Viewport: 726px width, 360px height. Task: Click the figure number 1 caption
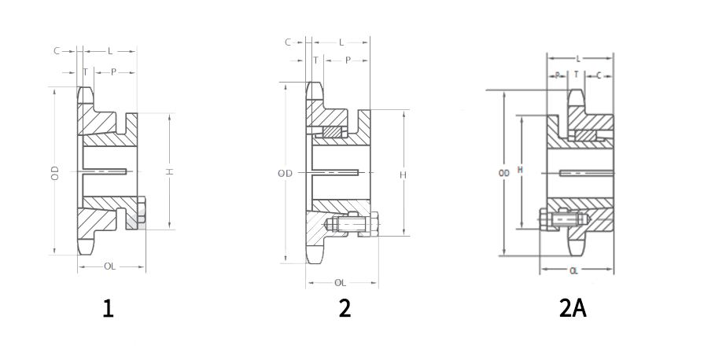coord(108,309)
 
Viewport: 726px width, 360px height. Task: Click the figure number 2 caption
coord(345,309)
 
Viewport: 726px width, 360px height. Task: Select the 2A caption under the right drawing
coord(573,309)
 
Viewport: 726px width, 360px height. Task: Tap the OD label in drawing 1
coord(56,173)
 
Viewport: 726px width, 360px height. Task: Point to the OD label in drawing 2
coord(286,174)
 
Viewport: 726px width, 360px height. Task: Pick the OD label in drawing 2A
coord(503,173)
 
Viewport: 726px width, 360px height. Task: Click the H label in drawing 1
coord(170,171)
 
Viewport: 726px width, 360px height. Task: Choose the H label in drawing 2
coord(403,175)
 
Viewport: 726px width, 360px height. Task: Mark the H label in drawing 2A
coord(520,170)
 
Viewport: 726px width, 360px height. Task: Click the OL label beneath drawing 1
coord(110,266)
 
